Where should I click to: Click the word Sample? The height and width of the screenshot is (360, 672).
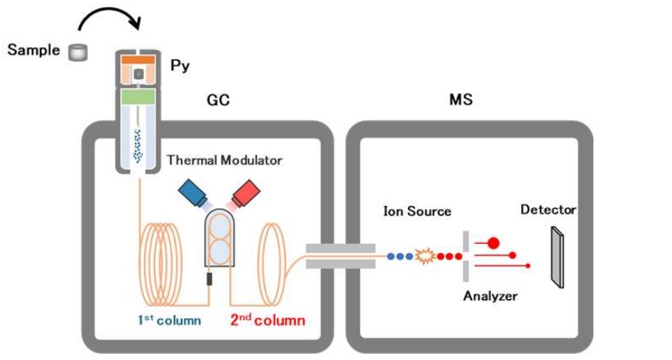coord(33,50)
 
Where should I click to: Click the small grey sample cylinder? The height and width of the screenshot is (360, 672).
coord(78,52)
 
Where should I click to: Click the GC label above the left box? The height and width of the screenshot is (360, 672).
coord(218,100)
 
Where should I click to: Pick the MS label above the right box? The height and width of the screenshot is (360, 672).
coord(460,100)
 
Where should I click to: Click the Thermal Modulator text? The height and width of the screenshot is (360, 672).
coord(224,161)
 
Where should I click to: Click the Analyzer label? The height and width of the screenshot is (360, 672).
coord(490,296)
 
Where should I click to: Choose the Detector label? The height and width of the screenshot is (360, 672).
coord(548,209)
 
